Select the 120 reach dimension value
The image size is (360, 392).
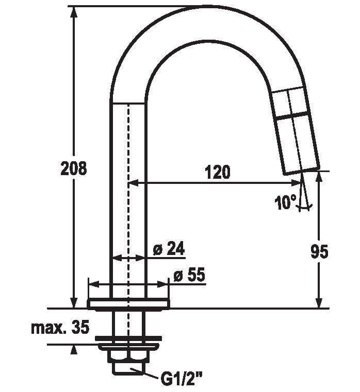tap(218, 172)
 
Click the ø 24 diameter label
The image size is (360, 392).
tap(169, 249)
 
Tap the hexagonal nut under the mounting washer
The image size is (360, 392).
tap(128, 356)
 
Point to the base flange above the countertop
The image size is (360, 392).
tap(128, 304)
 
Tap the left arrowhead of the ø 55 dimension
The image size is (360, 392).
tap(92, 283)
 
